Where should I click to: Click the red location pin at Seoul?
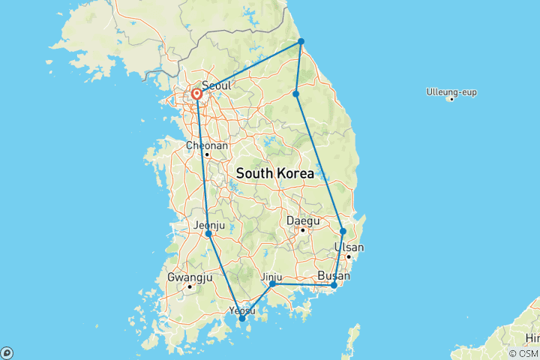coord(196,94)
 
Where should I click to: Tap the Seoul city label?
coord(216,85)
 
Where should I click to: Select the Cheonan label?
coord(206,145)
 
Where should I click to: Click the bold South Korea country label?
coord(274,173)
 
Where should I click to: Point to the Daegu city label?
coord(303,221)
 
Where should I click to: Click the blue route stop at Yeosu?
coord(241,319)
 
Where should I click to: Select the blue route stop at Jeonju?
coord(208,234)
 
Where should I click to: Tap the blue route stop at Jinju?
coord(272,284)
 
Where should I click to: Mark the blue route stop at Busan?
coord(334,285)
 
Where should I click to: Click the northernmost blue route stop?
coord(301,41)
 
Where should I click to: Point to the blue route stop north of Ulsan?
coord(343,231)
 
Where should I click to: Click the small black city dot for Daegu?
coord(302,230)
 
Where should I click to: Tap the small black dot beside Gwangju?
coord(190,286)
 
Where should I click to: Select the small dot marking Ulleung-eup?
coord(451,99)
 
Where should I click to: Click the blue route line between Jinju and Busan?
coord(304,285)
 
